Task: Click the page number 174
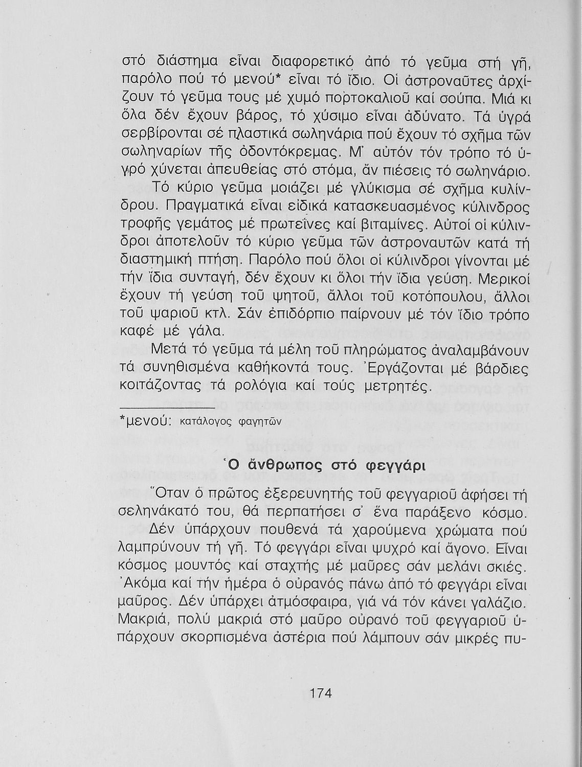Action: (x=321, y=693)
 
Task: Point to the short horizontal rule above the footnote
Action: (x=167, y=408)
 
